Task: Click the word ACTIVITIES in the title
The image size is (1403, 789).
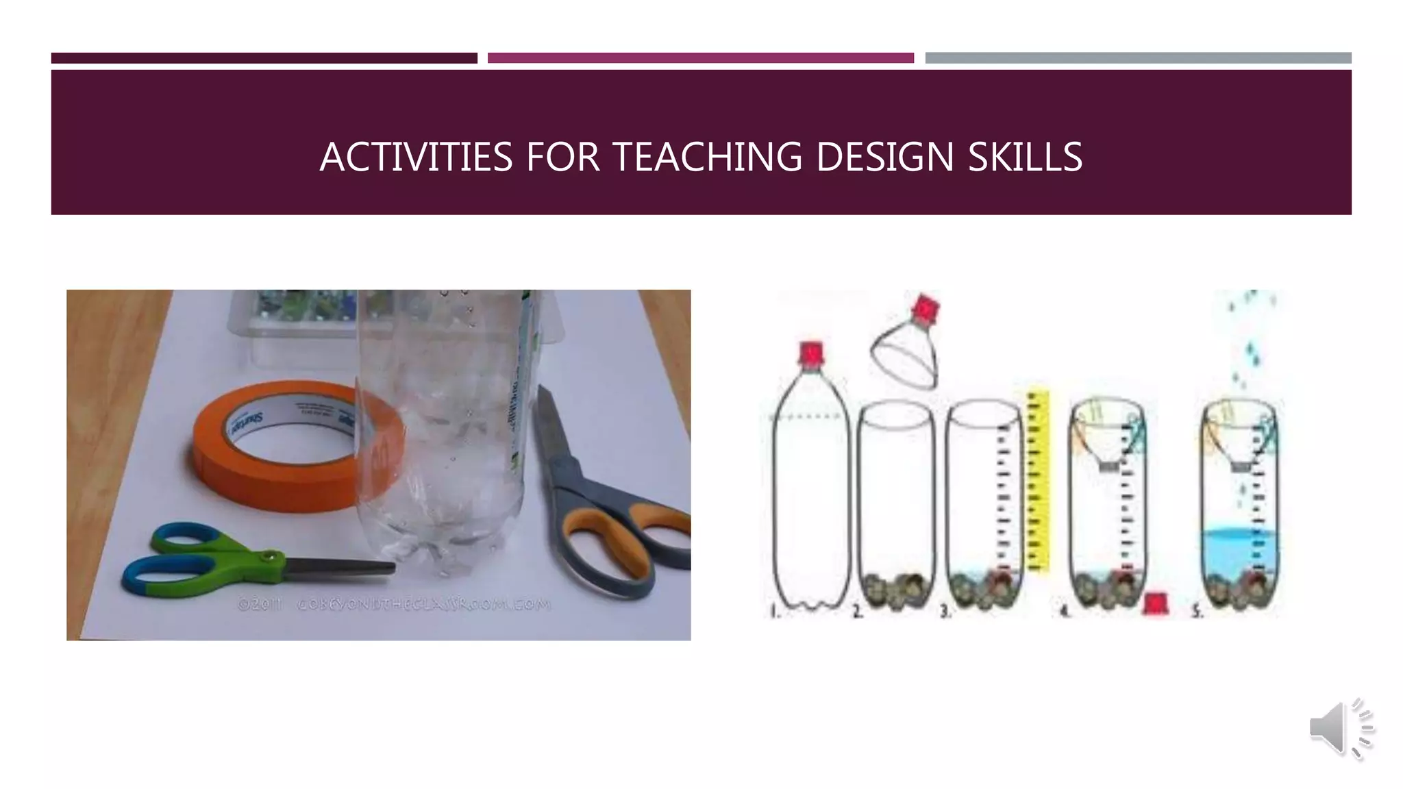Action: [416, 157]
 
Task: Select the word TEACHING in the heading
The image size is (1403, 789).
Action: [706, 157]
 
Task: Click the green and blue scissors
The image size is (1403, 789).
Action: [226, 562]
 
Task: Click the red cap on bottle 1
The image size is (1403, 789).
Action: [810, 353]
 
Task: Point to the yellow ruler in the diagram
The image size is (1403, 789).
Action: [1039, 479]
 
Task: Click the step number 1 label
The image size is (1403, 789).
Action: [773, 611]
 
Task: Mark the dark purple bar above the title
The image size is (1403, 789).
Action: [264, 58]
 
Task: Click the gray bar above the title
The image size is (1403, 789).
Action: [1138, 58]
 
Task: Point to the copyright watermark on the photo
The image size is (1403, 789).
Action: [394, 605]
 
